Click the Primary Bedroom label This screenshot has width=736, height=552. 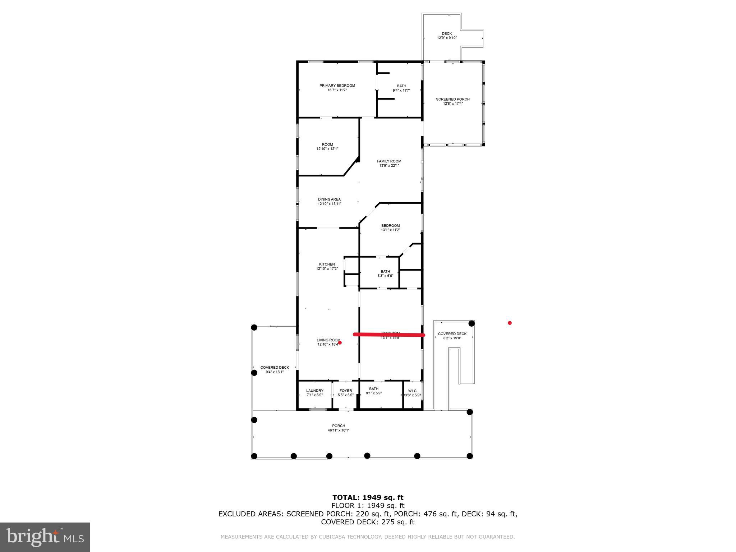tap(337, 88)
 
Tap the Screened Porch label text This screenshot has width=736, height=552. tap(452, 101)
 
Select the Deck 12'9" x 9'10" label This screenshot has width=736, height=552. tap(447, 36)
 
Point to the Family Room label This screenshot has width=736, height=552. tap(389, 163)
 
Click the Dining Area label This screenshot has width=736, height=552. tap(329, 201)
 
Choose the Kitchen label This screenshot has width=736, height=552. tap(327, 266)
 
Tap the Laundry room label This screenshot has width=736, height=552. tap(314, 392)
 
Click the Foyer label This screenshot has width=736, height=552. tap(346, 392)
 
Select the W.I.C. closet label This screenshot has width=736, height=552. tap(413, 393)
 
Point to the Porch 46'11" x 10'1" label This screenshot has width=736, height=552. tap(338, 428)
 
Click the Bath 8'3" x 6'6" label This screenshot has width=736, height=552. tap(385, 273)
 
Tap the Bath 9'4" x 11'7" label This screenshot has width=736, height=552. tap(401, 88)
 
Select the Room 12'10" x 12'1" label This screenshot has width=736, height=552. tap(327, 146)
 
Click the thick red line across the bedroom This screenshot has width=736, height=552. tap(389, 335)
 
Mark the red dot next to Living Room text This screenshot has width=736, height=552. tap(340, 342)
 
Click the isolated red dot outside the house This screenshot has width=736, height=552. tap(509, 323)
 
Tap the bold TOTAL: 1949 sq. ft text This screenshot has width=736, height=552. tap(368, 497)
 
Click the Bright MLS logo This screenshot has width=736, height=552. tap(45, 537)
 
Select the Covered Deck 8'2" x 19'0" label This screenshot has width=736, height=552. tap(452, 336)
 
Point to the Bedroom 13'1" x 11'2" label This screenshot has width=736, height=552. tap(390, 227)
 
